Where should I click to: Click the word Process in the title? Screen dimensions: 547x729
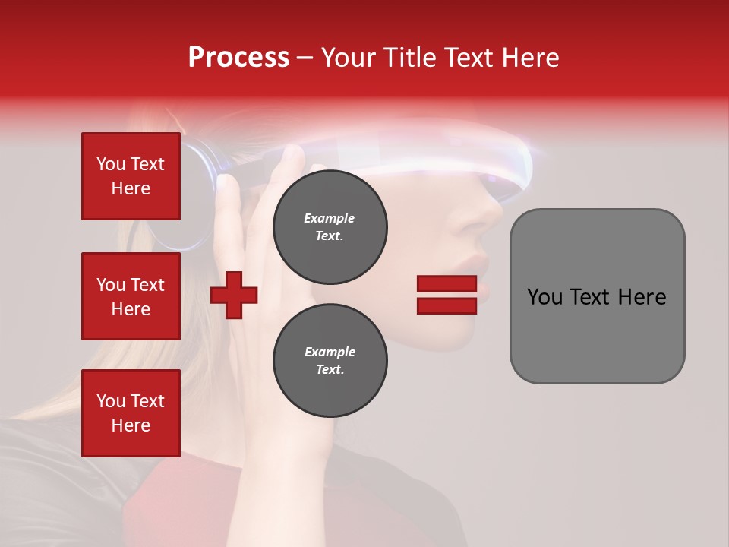tap(238, 58)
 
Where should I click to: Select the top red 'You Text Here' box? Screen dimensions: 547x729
tap(131, 176)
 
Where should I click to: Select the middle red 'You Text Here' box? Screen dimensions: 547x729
tap(131, 296)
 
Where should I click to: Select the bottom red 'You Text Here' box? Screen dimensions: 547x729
tap(131, 413)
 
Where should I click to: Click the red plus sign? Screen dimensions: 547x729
tap(234, 295)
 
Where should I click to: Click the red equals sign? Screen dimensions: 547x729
tap(447, 295)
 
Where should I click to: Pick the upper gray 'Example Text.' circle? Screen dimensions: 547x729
tap(330, 227)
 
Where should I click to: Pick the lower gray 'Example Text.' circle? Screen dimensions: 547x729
tap(330, 361)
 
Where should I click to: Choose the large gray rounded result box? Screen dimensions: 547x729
tap(597, 296)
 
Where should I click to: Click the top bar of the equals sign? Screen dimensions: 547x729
tap(447, 284)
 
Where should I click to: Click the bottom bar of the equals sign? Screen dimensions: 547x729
tap(447, 305)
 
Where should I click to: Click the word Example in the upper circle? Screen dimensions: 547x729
tap(329, 218)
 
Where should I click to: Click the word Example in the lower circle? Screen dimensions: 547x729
tap(330, 352)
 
